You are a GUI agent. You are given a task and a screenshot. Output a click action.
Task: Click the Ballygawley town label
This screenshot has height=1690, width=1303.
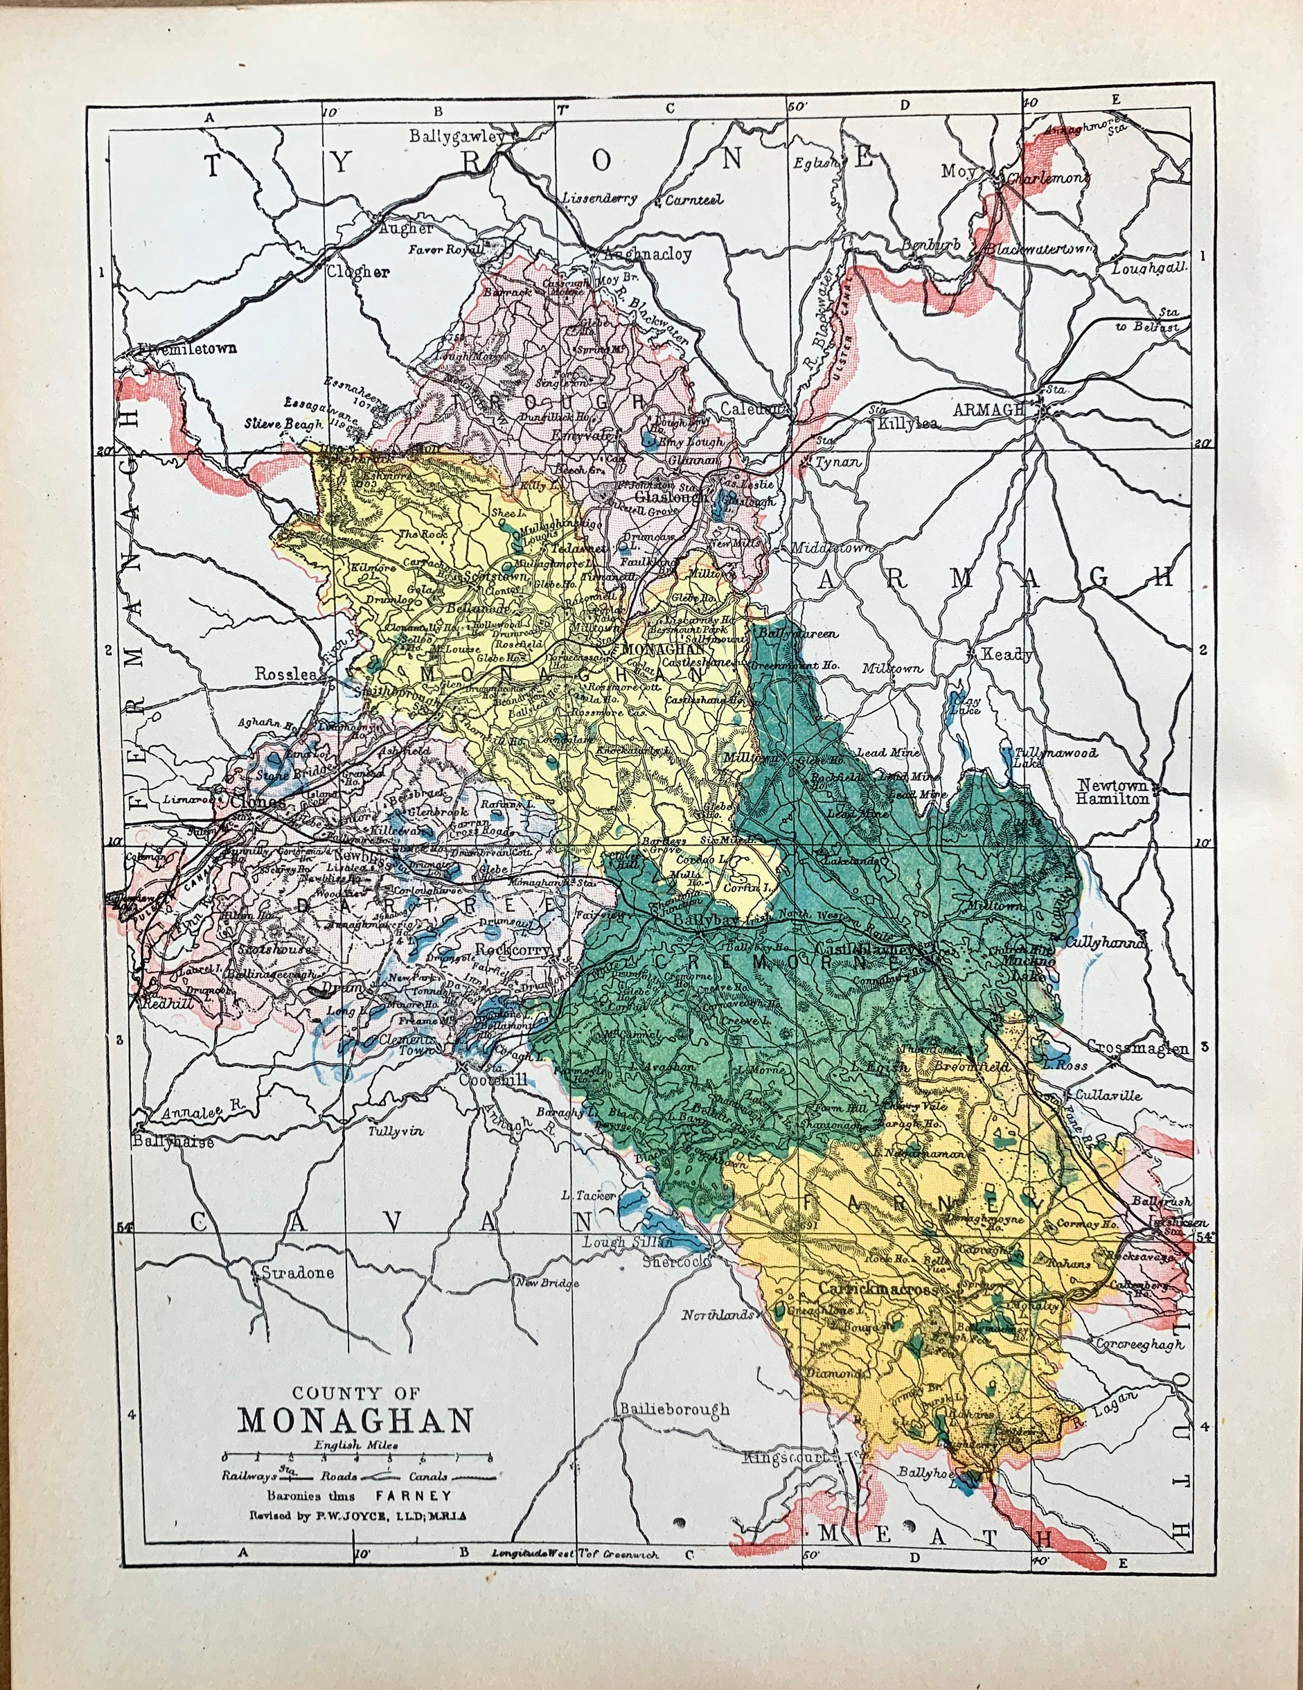coord(456,136)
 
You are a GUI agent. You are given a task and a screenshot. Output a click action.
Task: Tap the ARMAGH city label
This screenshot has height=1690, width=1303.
coord(989,410)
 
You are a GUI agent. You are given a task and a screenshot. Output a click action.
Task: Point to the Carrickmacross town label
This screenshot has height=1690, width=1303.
coord(878,1290)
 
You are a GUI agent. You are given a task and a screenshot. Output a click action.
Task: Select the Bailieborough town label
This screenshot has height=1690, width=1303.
coord(674,1408)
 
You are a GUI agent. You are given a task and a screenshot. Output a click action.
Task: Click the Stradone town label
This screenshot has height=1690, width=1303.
coord(297,1272)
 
